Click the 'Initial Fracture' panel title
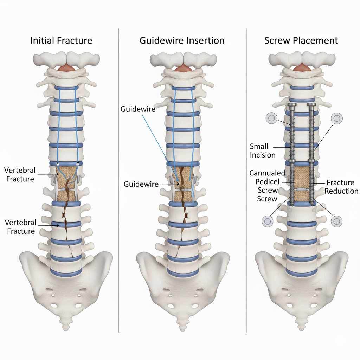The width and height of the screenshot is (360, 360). [x=61, y=40]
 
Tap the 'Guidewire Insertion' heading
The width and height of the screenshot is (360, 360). [x=182, y=40]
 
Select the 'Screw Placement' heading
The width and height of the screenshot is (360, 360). [x=301, y=40]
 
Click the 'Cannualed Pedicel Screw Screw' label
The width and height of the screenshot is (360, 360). [x=267, y=186]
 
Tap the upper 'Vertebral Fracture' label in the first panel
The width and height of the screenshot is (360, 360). [x=20, y=174]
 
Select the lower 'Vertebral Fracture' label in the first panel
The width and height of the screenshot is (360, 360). [x=20, y=227]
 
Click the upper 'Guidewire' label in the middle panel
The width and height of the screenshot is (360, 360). [x=138, y=109]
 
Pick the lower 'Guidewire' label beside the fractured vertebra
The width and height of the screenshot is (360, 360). [x=141, y=184]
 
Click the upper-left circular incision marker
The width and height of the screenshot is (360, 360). [x=271, y=118]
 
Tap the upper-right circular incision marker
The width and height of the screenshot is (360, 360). [x=336, y=118]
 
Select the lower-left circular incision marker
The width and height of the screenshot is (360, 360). [x=268, y=221]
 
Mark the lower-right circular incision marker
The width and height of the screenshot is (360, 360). [x=336, y=221]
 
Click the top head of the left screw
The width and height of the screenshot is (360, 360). [x=291, y=104]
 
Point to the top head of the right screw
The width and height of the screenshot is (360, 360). [x=311, y=104]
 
